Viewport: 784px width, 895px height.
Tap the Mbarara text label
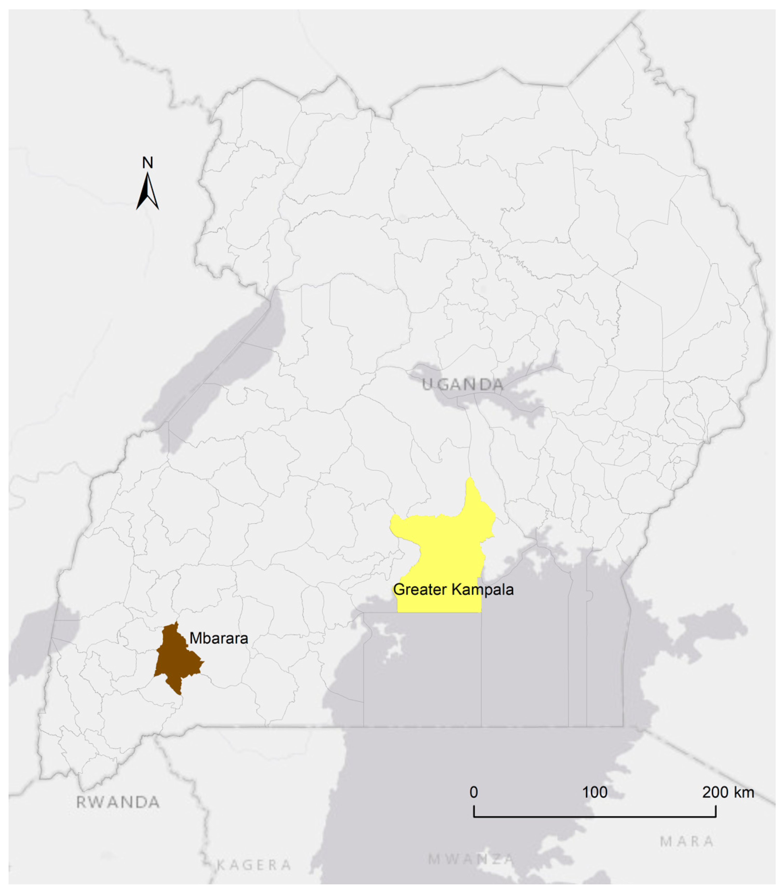(x=219, y=638)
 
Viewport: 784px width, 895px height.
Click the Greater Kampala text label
(x=453, y=589)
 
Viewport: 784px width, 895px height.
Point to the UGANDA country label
(x=463, y=385)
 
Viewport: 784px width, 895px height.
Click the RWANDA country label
(x=118, y=802)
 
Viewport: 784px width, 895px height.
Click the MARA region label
(x=687, y=841)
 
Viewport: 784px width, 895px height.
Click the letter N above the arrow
(x=147, y=163)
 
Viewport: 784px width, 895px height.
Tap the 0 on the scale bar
(x=473, y=792)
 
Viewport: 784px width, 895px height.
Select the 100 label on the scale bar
(x=595, y=792)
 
